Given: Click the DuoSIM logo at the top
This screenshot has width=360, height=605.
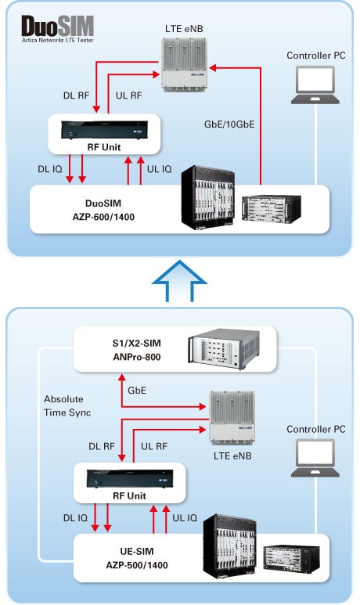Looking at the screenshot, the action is pos(57,28).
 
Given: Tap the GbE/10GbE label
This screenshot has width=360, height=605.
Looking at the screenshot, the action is pos(229,124).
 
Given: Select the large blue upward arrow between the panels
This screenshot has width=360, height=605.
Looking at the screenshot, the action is pos(179,281).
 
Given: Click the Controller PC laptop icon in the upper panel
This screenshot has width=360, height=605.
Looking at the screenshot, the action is pos(315,85).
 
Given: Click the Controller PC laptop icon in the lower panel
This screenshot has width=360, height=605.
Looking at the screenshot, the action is pos(315,458).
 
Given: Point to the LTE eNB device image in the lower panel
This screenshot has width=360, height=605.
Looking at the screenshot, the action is pos(232,418).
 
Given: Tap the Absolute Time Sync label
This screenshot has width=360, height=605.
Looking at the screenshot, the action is pos(67,405).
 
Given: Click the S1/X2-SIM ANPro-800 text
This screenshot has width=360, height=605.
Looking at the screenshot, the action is pos(137,350).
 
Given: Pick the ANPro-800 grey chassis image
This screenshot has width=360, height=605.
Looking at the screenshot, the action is pos(223,349).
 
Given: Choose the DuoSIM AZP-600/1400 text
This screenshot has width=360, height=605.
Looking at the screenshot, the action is pos(103,210).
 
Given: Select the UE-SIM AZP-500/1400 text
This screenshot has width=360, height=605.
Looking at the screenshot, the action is pos(137,558).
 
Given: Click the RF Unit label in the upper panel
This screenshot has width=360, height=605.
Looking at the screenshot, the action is pos(104,147).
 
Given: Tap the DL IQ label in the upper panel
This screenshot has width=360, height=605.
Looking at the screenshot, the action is pos(50,169).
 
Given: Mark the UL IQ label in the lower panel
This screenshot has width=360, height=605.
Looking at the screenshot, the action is pos(185,518).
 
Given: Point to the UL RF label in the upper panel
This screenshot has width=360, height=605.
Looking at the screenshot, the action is pos(129,95).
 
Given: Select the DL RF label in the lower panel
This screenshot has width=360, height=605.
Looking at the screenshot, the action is pos(102,446).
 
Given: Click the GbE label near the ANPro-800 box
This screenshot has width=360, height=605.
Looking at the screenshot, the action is pos(137,391).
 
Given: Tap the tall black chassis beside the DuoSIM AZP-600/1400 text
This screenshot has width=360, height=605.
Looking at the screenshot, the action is pos(208,197).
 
